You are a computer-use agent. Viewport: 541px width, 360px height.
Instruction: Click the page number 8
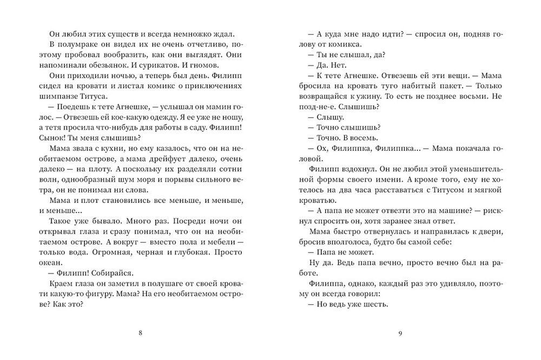pos(141,333)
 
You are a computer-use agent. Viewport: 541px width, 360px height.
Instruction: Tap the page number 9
pos(400,333)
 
